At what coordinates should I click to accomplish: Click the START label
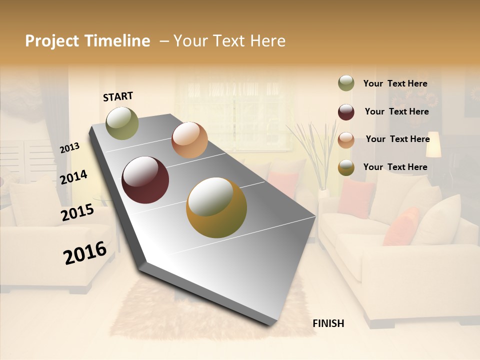click(118, 96)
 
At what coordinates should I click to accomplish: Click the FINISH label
click(328, 323)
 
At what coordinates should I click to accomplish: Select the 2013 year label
click(69, 148)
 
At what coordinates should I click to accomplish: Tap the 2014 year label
click(73, 177)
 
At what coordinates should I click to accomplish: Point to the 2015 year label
click(77, 212)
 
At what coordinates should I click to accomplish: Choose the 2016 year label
click(85, 252)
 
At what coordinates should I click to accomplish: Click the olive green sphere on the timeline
click(122, 123)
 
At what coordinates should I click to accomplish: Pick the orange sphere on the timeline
click(189, 140)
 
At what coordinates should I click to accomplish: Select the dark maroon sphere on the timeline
click(145, 180)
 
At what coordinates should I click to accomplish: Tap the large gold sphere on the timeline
click(216, 207)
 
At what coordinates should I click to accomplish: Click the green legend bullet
click(346, 83)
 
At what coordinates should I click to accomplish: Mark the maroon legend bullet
click(346, 112)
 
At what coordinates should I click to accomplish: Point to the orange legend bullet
click(346, 140)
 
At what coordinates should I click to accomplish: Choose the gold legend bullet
click(346, 168)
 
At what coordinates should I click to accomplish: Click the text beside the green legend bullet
click(395, 83)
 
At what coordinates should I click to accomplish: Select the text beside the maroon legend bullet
click(396, 111)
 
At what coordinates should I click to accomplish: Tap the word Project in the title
click(52, 41)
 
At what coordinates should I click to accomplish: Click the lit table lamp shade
click(433, 144)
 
